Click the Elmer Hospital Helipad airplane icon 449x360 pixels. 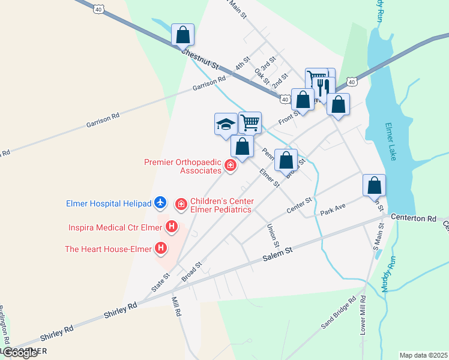pyautogui.click(x=160, y=203)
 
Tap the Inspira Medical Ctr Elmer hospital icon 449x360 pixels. pyautogui.click(x=172, y=227)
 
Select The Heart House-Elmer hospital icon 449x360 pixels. pyautogui.click(x=160, y=247)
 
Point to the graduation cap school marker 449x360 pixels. pyautogui.click(x=226, y=124)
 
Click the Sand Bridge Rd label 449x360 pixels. pyautogui.click(x=339, y=312)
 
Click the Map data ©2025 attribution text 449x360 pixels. pyautogui.click(x=423, y=355)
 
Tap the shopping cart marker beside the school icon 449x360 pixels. pyautogui.click(x=250, y=123)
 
